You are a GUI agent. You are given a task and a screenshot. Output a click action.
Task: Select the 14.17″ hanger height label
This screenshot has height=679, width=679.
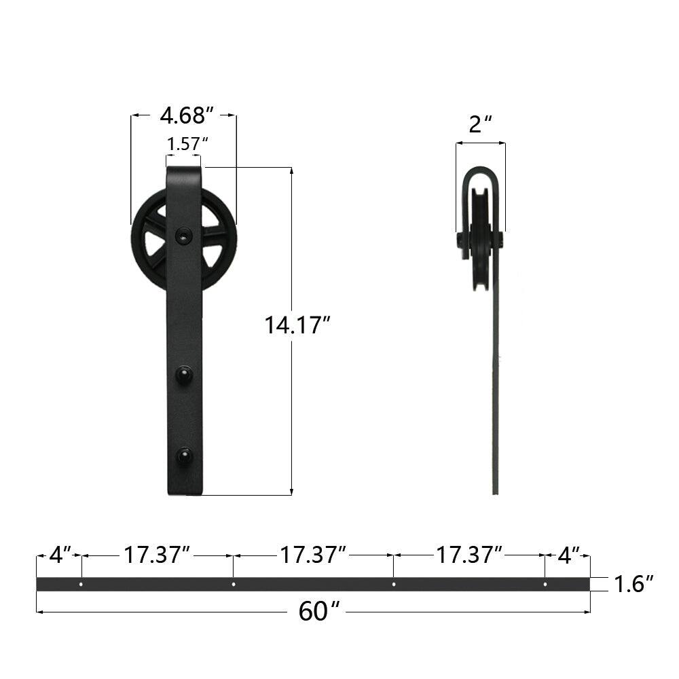click(297, 326)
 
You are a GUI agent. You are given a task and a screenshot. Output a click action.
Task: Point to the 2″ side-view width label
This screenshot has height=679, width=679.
click(481, 124)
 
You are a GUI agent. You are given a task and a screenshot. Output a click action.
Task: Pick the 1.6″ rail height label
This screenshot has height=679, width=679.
click(634, 584)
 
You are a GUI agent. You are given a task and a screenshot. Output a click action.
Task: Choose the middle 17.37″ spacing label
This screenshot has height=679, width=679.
click(314, 555)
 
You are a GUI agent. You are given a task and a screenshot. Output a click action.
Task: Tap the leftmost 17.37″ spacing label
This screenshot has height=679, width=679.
click(156, 555)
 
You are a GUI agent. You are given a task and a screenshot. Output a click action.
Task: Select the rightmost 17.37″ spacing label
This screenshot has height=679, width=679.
click(469, 555)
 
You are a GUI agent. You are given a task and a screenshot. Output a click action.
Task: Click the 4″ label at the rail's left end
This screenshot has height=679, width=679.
click(60, 555)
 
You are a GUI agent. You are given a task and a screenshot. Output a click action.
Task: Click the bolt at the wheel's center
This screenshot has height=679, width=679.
click(183, 235)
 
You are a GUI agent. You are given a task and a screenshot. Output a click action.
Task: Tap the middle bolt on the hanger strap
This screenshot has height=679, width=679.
click(183, 374)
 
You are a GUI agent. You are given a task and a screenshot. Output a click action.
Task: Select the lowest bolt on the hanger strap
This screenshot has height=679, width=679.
click(183, 454)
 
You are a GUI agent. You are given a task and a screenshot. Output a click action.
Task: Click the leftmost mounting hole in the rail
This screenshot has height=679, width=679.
click(81, 584)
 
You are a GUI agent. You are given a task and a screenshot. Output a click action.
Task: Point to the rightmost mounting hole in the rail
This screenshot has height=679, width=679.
click(545, 584)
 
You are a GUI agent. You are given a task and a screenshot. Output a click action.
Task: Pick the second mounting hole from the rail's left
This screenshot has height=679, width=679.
click(234, 584)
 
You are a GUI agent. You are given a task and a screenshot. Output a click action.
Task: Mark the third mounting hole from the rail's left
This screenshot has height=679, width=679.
click(394, 584)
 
